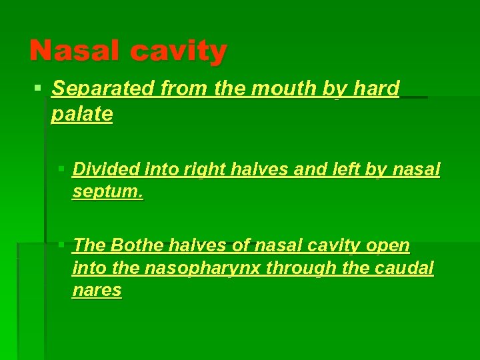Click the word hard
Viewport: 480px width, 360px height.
click(377, 89)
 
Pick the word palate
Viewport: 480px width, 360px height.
click(82, 115)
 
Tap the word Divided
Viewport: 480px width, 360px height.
click(103, 170)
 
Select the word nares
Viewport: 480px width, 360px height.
click(97, 291)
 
